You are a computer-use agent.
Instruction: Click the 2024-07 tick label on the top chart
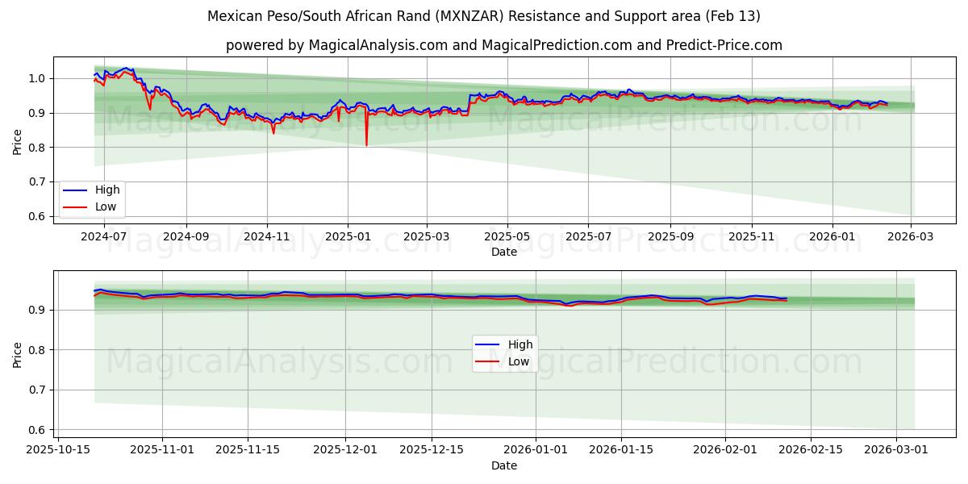click(x=105, y=237)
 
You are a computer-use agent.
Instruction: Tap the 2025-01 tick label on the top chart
click(x=347, y=237)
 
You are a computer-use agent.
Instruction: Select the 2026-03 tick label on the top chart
click(x=911, y=237)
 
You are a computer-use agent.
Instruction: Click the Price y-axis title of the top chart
click(x=18, y=141)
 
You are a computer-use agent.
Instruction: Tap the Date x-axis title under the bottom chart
click(x=504, y=465)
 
